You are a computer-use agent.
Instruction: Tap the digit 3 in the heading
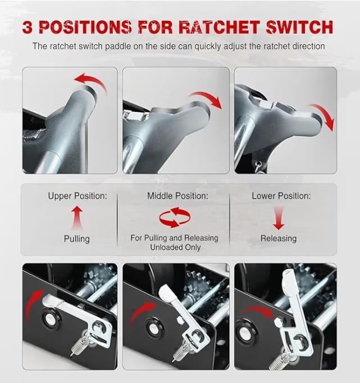tap(28, 27)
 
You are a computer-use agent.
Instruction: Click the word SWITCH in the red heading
tap(299, 27)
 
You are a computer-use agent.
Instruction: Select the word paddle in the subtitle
tap(118, 46)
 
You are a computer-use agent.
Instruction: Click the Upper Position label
tap(78, 196)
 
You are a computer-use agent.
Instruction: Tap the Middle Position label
tap(177, 196)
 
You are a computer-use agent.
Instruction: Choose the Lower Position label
tap(281, 196)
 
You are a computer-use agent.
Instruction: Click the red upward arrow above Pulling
tap(77, 217)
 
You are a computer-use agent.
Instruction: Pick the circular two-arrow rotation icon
tap(175, 217)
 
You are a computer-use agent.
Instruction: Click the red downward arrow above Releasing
tap(279, 218)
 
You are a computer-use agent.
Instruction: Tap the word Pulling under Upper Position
tap(77, 239)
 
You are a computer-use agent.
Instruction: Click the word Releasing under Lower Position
tap(279, 238)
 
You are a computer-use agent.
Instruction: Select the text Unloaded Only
tap(175, 247)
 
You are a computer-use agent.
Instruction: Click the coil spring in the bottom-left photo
tap(79, 345)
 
